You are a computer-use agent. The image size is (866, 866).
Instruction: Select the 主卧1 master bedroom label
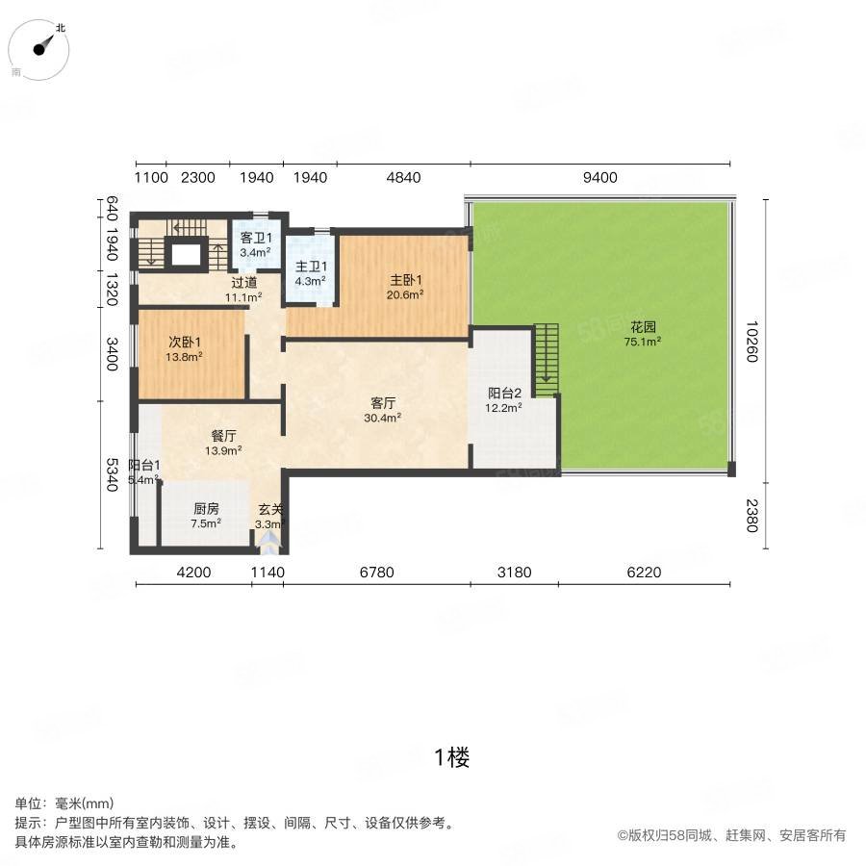[x=405, y=280]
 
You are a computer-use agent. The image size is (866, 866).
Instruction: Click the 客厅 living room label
[x=383, y=402]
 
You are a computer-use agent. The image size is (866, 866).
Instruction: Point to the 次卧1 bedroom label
[x=186, y=342]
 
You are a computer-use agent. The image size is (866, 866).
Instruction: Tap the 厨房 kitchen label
[x=206, y=509]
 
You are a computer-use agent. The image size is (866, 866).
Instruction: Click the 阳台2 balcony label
[x=504, y=393]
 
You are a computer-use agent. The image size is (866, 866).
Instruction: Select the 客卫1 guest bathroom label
[x=256, y=238]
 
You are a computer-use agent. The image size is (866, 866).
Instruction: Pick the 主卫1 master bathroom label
[x=311, y=267]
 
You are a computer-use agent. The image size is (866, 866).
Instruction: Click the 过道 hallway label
[x=243, y=283]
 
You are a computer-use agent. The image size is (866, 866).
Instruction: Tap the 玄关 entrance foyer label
[x=269, y=510]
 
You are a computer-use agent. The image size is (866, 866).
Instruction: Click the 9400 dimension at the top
[x=601, y=177]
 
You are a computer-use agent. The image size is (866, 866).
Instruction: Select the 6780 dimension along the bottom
[x=376, y=573]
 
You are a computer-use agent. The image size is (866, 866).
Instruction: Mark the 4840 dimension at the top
[x=403, y=177]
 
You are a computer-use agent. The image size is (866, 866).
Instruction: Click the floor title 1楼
[x=451, y=757]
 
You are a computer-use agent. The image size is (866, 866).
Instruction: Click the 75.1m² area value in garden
[x=643, y=341]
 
